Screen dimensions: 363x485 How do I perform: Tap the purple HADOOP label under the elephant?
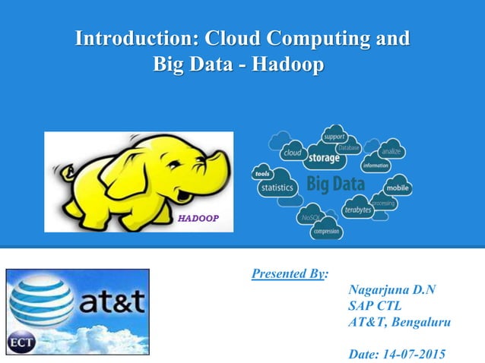click(198, 218)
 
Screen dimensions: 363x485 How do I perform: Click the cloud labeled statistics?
click(277, 187)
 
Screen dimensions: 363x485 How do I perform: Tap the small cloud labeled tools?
click(262, 174)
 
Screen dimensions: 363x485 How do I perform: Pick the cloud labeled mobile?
click(398, 187)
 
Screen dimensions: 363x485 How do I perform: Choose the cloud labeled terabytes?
click(357, 208)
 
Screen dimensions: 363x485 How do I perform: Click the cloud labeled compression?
click(325, 231)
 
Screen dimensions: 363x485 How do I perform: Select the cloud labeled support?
click(334, 137)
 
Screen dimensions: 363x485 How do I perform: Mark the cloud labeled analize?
click(391, 151)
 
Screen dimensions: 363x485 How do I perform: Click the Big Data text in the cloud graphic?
click(335, 184)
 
